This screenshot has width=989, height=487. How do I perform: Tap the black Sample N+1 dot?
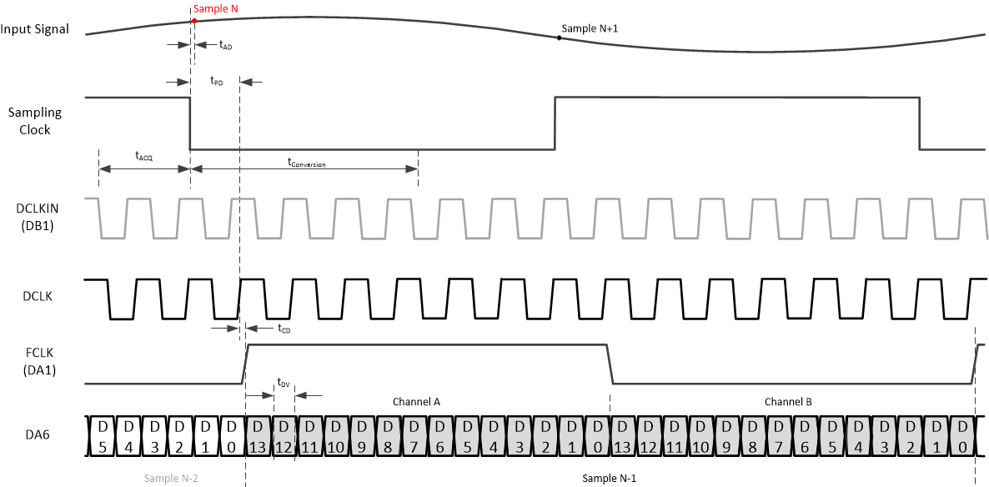(560, 38)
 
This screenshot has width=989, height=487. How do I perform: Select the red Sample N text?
(216, 8)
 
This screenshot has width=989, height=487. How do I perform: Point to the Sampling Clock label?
(35, 121)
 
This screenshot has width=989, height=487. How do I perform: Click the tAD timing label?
(225, 46)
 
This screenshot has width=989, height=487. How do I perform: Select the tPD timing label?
(216, 82)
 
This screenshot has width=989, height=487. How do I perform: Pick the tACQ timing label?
(144, 156)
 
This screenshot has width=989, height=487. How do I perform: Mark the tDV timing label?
(284, 383)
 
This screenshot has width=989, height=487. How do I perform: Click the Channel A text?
(416, 402)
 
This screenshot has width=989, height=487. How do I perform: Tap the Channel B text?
(788, 402)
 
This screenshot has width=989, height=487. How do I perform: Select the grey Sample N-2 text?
(172, 478)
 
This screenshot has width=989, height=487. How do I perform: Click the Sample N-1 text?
(610, 478)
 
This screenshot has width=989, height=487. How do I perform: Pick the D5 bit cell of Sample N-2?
(103, 435)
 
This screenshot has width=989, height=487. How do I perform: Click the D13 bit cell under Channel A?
(259, 435)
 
